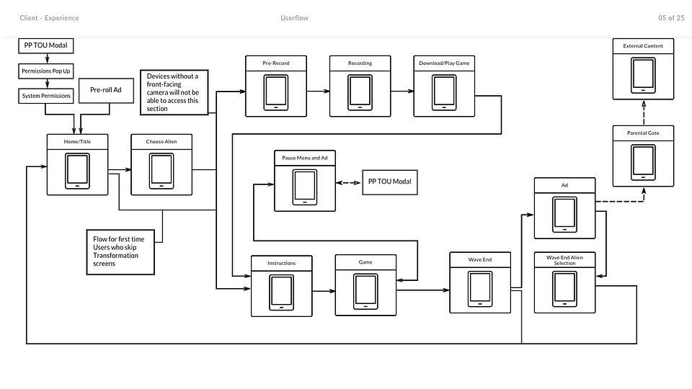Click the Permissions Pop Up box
pos(46,71)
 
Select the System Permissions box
pos(46,96)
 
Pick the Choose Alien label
pos(161,142)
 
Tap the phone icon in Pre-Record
pos(275,93)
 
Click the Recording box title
pos(360,63)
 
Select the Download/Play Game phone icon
pos(444,93)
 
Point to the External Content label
pos(643,46)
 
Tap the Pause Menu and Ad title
pos(305,157)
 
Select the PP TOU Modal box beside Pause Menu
pos(389,182)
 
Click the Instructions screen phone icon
pos(281,293)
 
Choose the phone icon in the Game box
pos(365,291)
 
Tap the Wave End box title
pos(479,259)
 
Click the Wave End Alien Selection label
pos(564,260)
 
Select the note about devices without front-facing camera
pos(173,92)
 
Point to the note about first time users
pos(120,251)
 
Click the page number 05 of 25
pos(670,18)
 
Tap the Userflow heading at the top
pos(294,18)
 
